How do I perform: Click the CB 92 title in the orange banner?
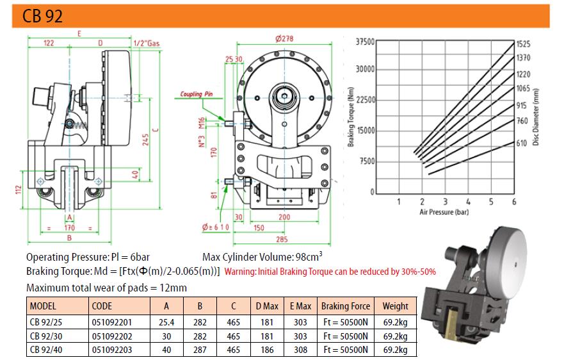coord(42,16)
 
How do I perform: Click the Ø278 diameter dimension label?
coord(284,38)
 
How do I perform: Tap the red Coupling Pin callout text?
coord(197,94)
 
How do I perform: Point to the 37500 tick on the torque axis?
coord(365,42)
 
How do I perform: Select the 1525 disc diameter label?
coord(524,44)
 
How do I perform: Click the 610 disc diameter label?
coord(522,143)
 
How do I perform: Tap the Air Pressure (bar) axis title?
coord(444,212)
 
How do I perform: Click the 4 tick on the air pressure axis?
coord(468,202)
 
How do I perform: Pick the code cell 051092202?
coord(112,336)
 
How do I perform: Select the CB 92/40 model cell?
coord(46,350)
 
